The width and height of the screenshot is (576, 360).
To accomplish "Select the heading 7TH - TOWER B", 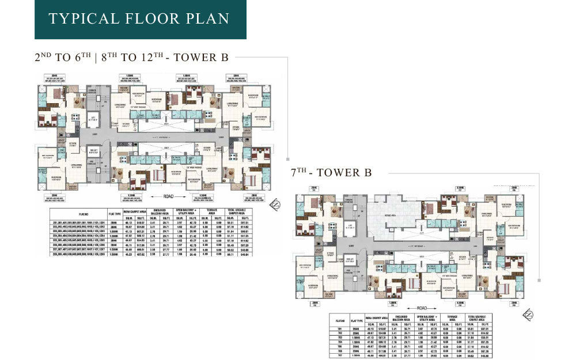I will (332, 173).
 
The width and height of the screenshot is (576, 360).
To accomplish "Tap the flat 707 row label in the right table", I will (340, 355).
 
